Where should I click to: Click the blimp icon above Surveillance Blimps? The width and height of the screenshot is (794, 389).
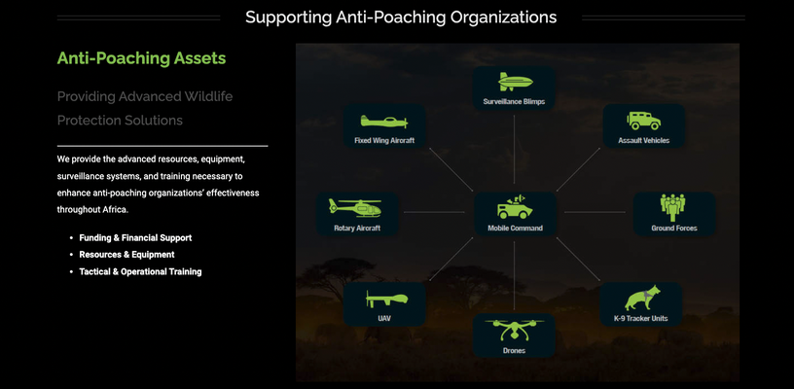(515, 82)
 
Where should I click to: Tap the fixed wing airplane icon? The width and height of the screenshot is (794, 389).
(383, 122)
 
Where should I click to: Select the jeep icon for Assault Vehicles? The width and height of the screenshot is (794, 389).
(643, 121)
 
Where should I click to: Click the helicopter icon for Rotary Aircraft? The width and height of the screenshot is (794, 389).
(355, 207)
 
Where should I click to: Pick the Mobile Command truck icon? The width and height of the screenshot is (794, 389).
(515, 207)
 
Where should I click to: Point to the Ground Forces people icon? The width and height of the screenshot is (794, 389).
(672, 207)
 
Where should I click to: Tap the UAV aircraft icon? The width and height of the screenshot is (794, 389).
(386, 300)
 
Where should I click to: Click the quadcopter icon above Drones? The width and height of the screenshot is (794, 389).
(514, 330)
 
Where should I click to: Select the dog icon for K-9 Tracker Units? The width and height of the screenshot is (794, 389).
(642, 298)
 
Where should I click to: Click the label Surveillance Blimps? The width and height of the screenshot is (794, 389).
(514, 102)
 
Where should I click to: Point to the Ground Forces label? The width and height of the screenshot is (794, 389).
(674, 229)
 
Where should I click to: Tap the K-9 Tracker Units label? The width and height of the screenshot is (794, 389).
(640, 319)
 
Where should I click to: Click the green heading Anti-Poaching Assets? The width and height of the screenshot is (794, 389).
(141, 58)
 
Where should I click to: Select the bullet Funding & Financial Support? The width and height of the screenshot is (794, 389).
(135, 237)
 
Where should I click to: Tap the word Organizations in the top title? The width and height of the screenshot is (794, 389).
(503, 18)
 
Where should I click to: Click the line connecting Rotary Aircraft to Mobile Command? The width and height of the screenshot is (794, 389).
(434, 212)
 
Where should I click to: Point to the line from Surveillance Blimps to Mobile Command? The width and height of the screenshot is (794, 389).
(514, 149)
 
